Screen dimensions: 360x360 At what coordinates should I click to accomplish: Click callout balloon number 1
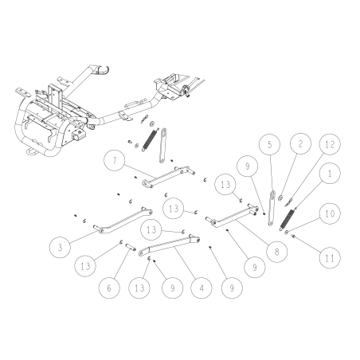pyautogui.click(x=327, y=173)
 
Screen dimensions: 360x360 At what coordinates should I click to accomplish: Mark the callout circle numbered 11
pyautogui.click(x=327, y=256)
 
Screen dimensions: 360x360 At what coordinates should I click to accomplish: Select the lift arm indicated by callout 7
pyautogui.click(x=167, y=176)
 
